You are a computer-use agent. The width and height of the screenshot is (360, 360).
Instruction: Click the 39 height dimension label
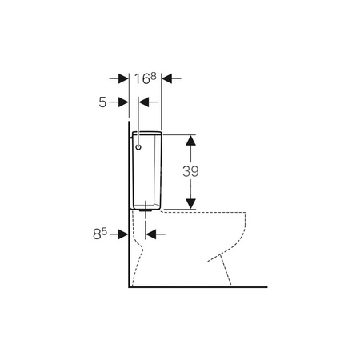point(190,171)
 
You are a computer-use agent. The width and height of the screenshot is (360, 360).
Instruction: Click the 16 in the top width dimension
point(142,79)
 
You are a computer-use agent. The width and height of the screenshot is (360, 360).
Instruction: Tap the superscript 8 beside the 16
point(153,76)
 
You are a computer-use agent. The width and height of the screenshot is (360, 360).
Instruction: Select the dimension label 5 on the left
point(102,102)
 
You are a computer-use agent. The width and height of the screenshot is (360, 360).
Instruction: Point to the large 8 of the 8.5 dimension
point(97,234)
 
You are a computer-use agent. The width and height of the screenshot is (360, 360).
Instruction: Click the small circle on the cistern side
point(138,147)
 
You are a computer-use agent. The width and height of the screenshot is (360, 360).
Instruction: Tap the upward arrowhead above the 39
point(190,140)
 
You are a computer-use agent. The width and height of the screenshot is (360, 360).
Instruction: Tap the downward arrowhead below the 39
point(190,204)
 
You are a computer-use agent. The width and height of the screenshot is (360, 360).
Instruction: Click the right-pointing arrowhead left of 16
point(123,78)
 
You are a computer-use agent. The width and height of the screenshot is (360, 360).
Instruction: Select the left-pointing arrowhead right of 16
point(166,78)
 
